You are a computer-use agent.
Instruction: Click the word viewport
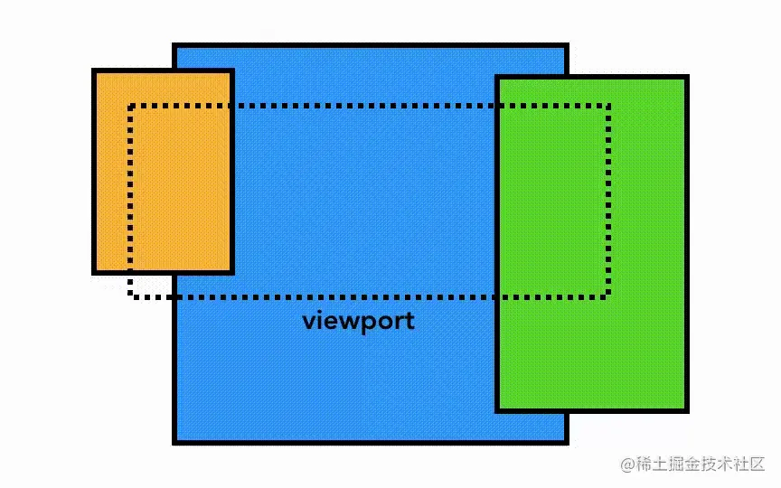358,321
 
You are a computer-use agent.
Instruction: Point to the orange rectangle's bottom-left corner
95,271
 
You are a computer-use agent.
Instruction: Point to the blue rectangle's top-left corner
174,45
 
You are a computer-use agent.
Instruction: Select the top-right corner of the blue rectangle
566,45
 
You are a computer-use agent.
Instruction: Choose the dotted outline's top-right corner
608,107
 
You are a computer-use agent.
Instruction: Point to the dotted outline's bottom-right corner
608,296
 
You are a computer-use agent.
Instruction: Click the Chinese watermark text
701,464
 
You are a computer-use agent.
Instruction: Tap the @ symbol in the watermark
627,465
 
